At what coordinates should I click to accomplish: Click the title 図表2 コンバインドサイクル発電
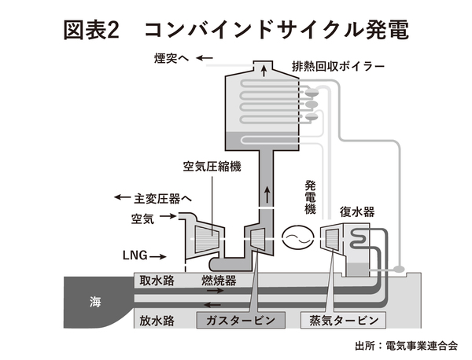pos(236,29)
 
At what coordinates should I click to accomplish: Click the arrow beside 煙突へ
pos(205,57)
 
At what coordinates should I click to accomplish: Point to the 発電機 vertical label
pos(310,197)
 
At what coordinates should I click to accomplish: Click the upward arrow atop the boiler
pos(264,70)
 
